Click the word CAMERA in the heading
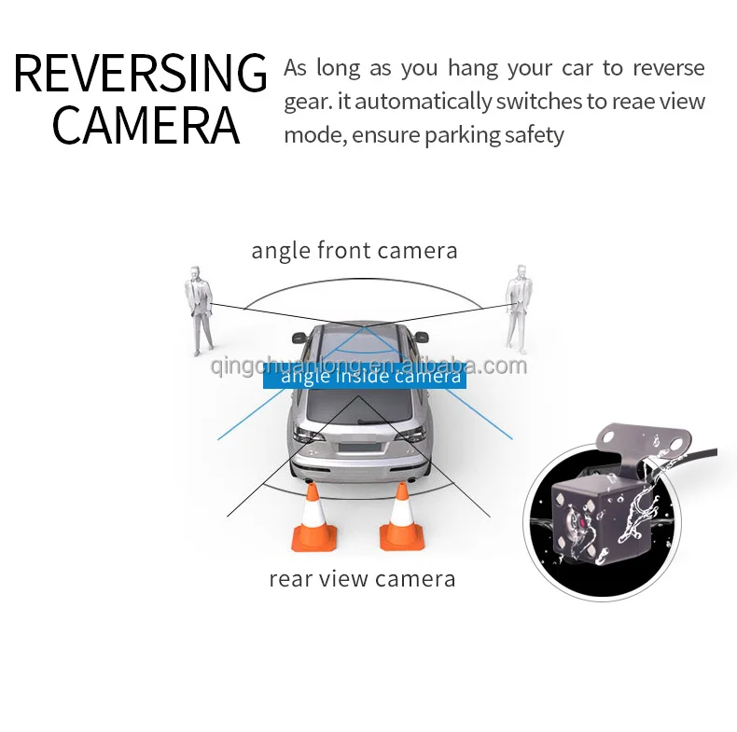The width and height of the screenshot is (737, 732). (x=146, y=127)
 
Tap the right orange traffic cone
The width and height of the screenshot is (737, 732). (x=401, y=518)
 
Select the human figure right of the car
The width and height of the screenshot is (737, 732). (x=517, y=308)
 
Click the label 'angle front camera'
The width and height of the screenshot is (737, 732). (x=355, y=251)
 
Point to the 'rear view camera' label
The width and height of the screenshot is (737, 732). (x=362, y=578)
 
